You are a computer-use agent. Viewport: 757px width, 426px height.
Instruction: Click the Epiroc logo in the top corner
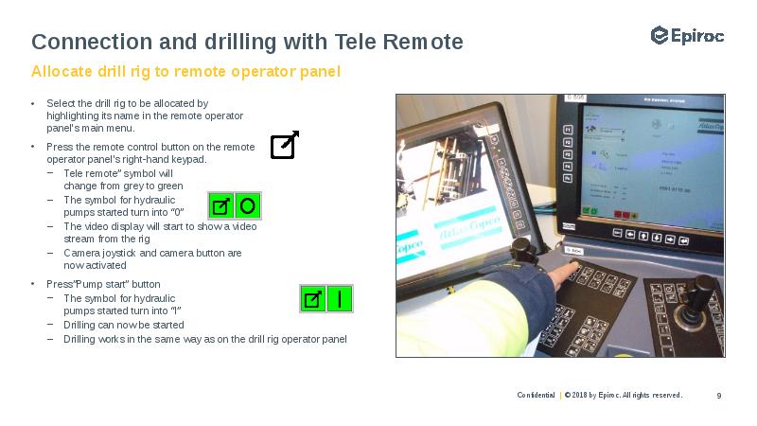tap(687, 36)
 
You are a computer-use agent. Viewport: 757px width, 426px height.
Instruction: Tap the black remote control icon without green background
tap(284, 146)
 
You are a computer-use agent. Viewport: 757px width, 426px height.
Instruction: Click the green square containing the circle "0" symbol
tap(247, 205)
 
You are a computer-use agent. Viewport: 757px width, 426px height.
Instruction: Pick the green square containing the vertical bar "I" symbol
tap(339, 299)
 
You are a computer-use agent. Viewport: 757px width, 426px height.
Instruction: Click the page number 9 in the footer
tap(719, 395)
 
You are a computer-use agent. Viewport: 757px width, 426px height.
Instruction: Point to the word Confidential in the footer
tap(536, 395)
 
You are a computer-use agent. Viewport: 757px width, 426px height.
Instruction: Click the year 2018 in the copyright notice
tap(578, 395)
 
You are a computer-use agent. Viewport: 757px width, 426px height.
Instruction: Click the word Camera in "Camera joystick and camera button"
tap(79, 253)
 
